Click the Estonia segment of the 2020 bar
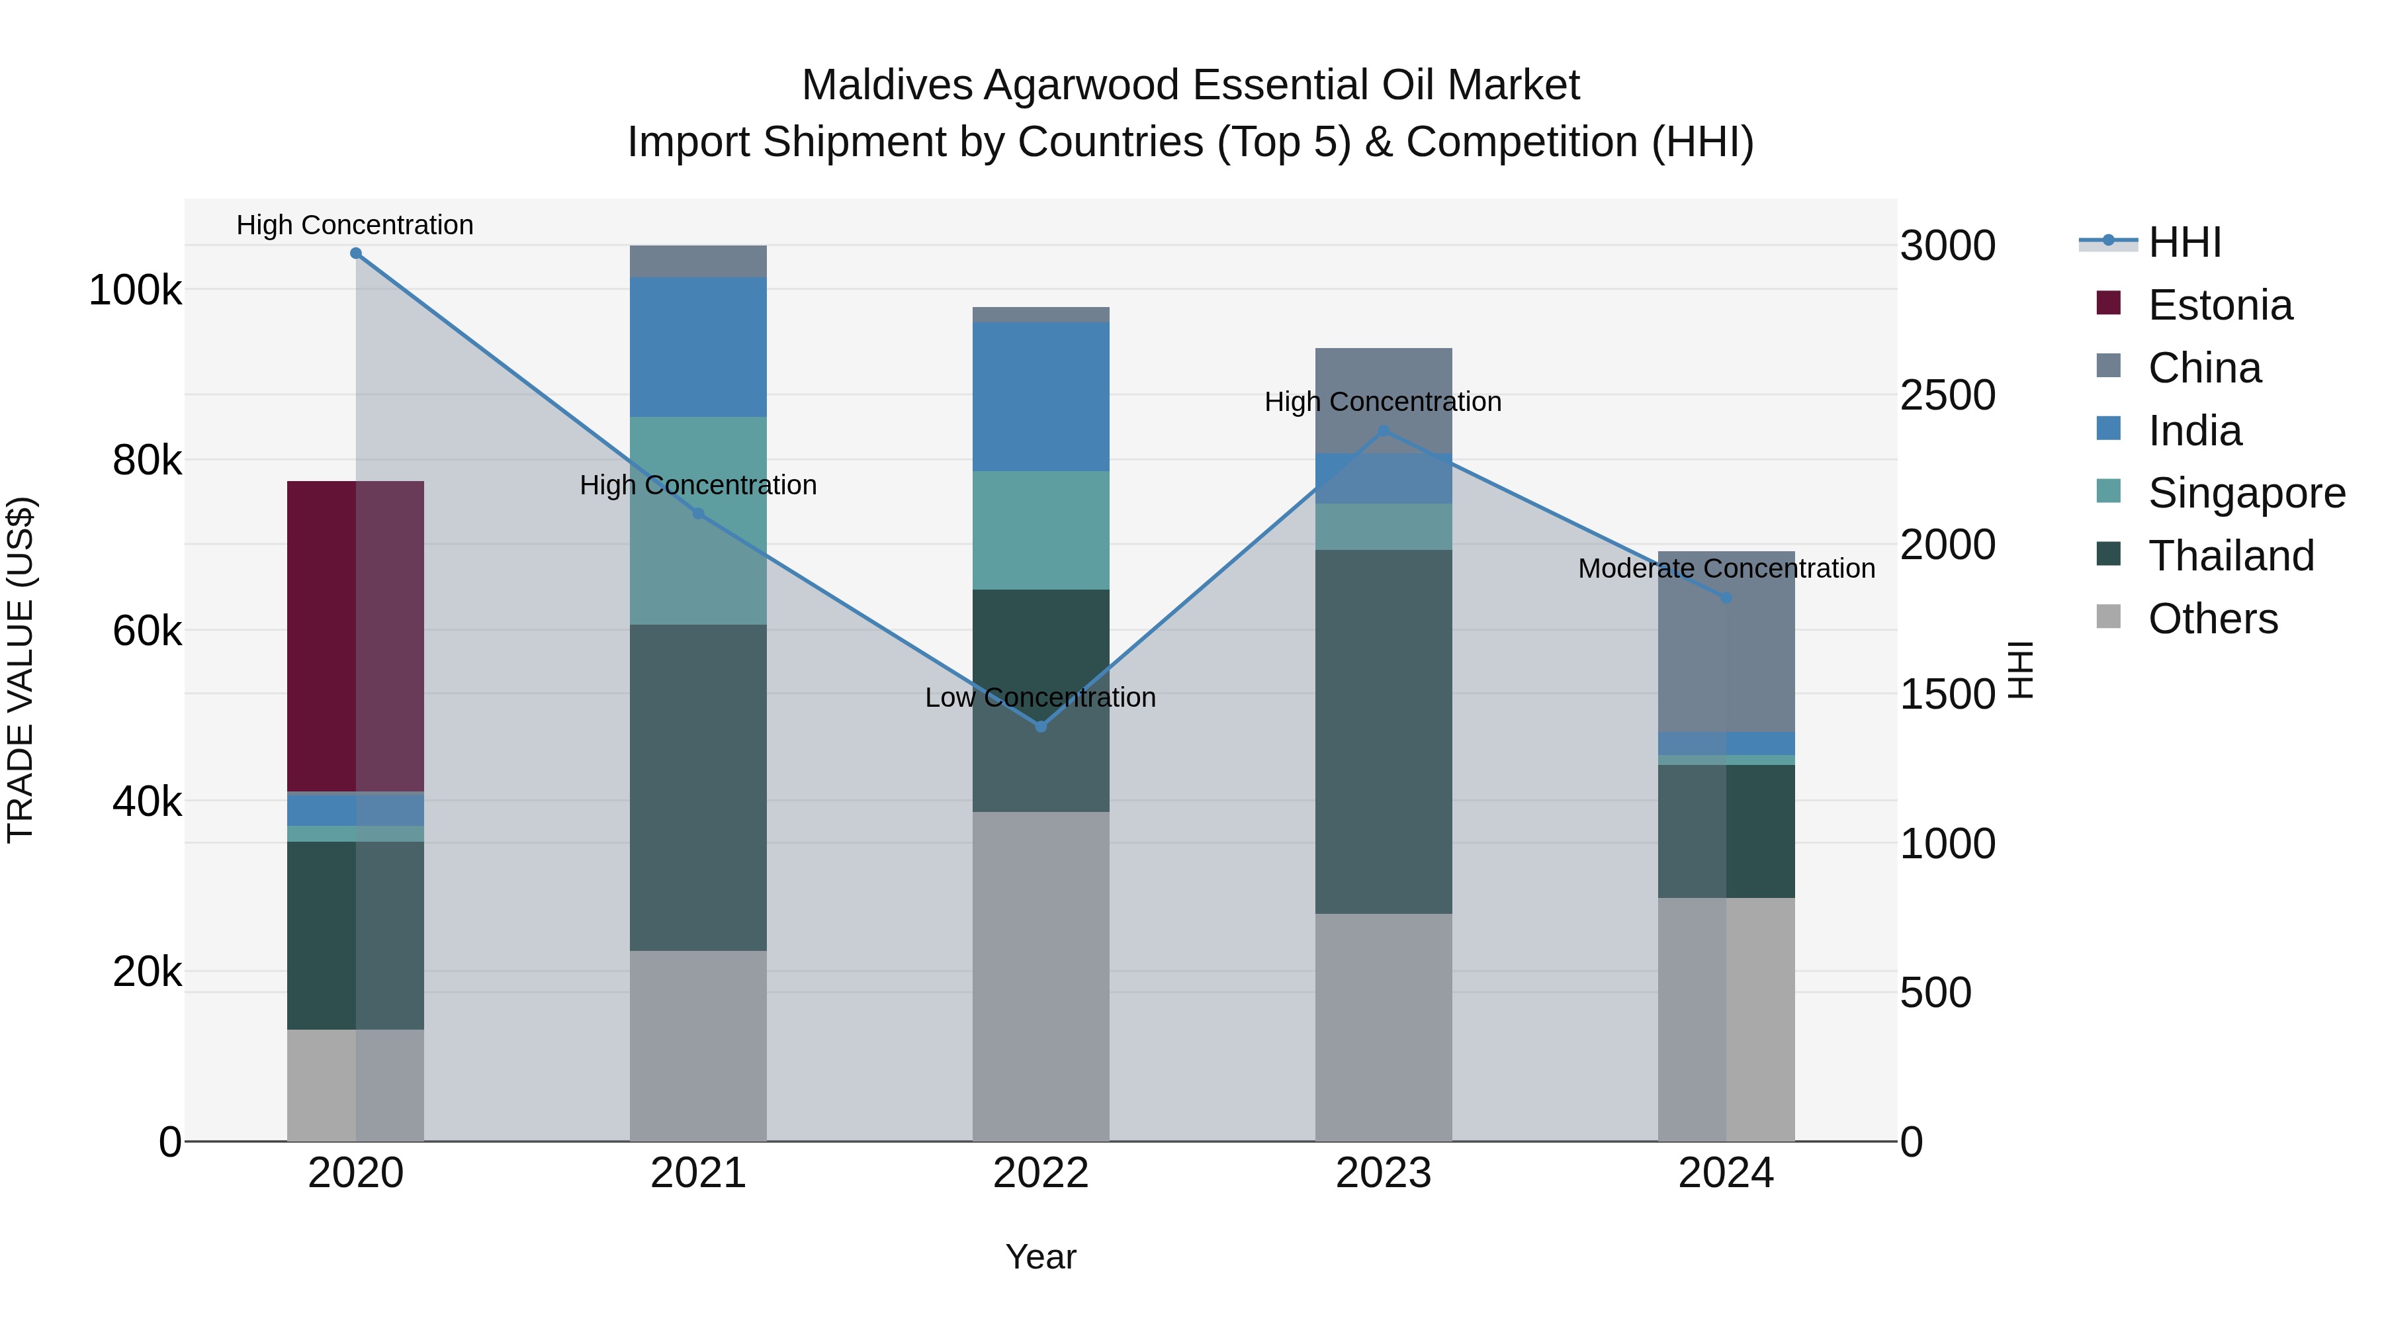tap(355, 636)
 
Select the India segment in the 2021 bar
tap(698, 347)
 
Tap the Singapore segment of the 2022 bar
tap(1040, 530)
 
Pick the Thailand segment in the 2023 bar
tap(1384, 731)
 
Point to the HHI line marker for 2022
tap(1040, 727)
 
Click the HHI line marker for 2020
tap(356, 253)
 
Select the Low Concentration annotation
tap(1040, 697)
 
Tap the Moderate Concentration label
tap(1726, 568)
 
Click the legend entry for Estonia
tap(2219, 305)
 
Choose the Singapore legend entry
tap(2245, 493)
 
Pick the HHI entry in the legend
tap(2184, 242)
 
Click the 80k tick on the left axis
tap(146, 461)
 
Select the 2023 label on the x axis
tap(1384, 1173)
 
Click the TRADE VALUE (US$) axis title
tap(21, 670)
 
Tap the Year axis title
tap(1040, 1257)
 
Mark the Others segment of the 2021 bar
tap(698, 1045)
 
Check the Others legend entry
tap(2212, 619)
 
